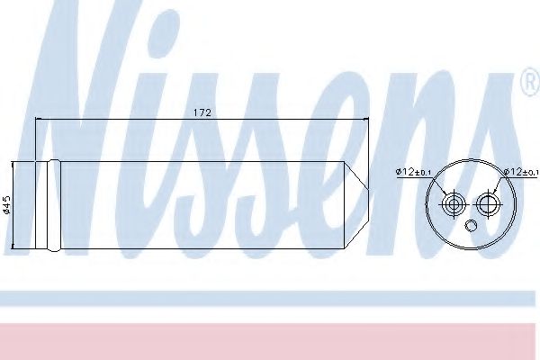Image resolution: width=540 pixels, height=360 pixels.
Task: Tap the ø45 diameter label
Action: click(7, 206)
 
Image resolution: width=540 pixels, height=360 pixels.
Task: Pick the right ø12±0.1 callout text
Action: click(521, 171)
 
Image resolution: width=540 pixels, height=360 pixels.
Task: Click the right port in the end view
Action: click(490, 203)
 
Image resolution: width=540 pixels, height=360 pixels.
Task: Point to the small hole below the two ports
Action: click(471, 224)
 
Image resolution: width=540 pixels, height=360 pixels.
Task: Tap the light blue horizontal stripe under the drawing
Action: click(270, 298)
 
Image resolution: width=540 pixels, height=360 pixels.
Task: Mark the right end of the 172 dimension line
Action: click(370, 120)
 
